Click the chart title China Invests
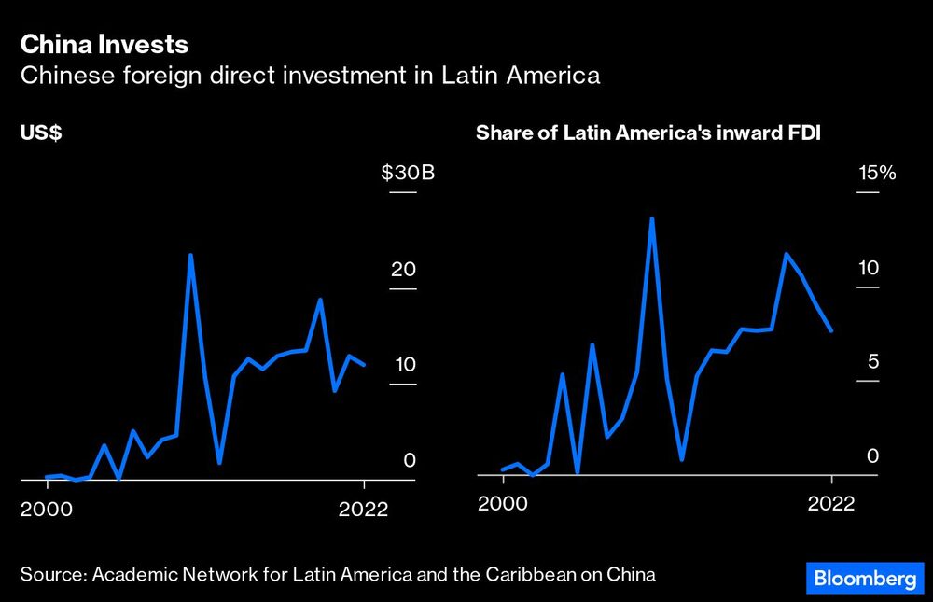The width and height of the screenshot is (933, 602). tap(104, 45)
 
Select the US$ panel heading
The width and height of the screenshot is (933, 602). tap(41, 133)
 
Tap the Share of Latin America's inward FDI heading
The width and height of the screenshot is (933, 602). tap(655, 133)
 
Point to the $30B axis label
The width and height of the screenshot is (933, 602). tap(409, 174)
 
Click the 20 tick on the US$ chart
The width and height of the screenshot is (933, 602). tap(402, 270)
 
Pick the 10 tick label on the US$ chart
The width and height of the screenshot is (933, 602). tap(402, 365)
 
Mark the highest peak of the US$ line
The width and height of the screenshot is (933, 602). tap(190, 255)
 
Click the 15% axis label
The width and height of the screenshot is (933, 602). tap(876, 174)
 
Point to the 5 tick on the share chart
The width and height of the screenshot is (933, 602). tap(874, 361)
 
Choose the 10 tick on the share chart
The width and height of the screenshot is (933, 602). tap(869, 268)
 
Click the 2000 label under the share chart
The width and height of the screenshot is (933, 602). tap(502, 503)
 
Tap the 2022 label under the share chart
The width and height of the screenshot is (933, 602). tap(830, 503)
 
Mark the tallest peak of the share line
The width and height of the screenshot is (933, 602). tap(651, 219)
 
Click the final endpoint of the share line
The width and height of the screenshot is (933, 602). tap(830, 330)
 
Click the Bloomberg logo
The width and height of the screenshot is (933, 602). tap(863, 579)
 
